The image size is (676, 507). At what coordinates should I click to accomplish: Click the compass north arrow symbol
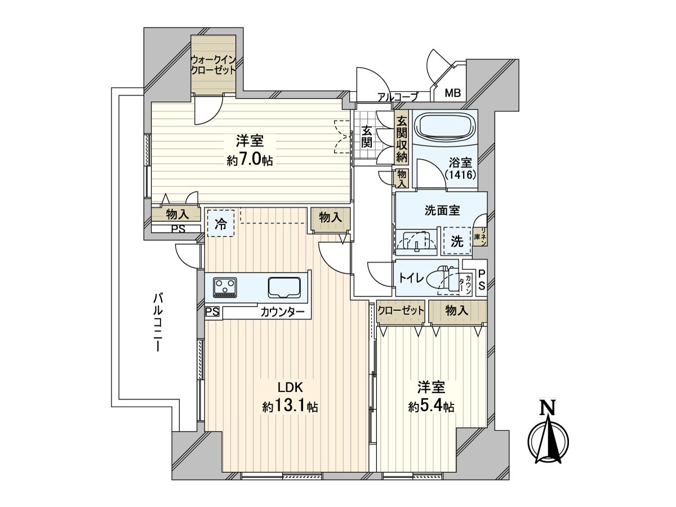pos(545,434)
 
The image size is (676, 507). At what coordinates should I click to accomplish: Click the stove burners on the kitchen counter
pos(225,287)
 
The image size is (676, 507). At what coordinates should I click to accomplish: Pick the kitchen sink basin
pos(286,287)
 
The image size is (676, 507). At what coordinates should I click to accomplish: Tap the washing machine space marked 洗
pos(457,242)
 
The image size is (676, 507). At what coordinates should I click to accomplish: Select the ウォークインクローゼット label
pos(212,65)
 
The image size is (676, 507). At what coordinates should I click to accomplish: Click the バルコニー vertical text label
pos(158,323)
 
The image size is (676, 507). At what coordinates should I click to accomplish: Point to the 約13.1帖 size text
pos(290,407)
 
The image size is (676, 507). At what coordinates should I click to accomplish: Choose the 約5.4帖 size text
pos(432,407)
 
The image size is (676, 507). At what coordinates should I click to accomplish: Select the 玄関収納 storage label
pos(402,139)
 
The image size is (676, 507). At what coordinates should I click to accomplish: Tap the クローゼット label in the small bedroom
pos(401,310)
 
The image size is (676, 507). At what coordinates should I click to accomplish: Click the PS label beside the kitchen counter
pos(212,312)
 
